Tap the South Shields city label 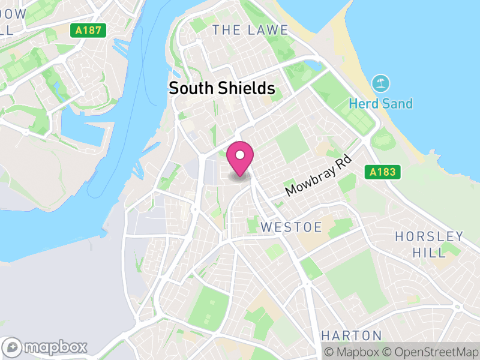click(222, 89)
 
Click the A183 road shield click(382, 173)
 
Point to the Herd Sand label click(381, 104)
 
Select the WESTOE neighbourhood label click(292, 227)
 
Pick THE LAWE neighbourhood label click(250, 30)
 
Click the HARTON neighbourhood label click(352, 335)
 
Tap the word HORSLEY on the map click(429, 236)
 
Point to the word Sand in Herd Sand click(397, 104)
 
